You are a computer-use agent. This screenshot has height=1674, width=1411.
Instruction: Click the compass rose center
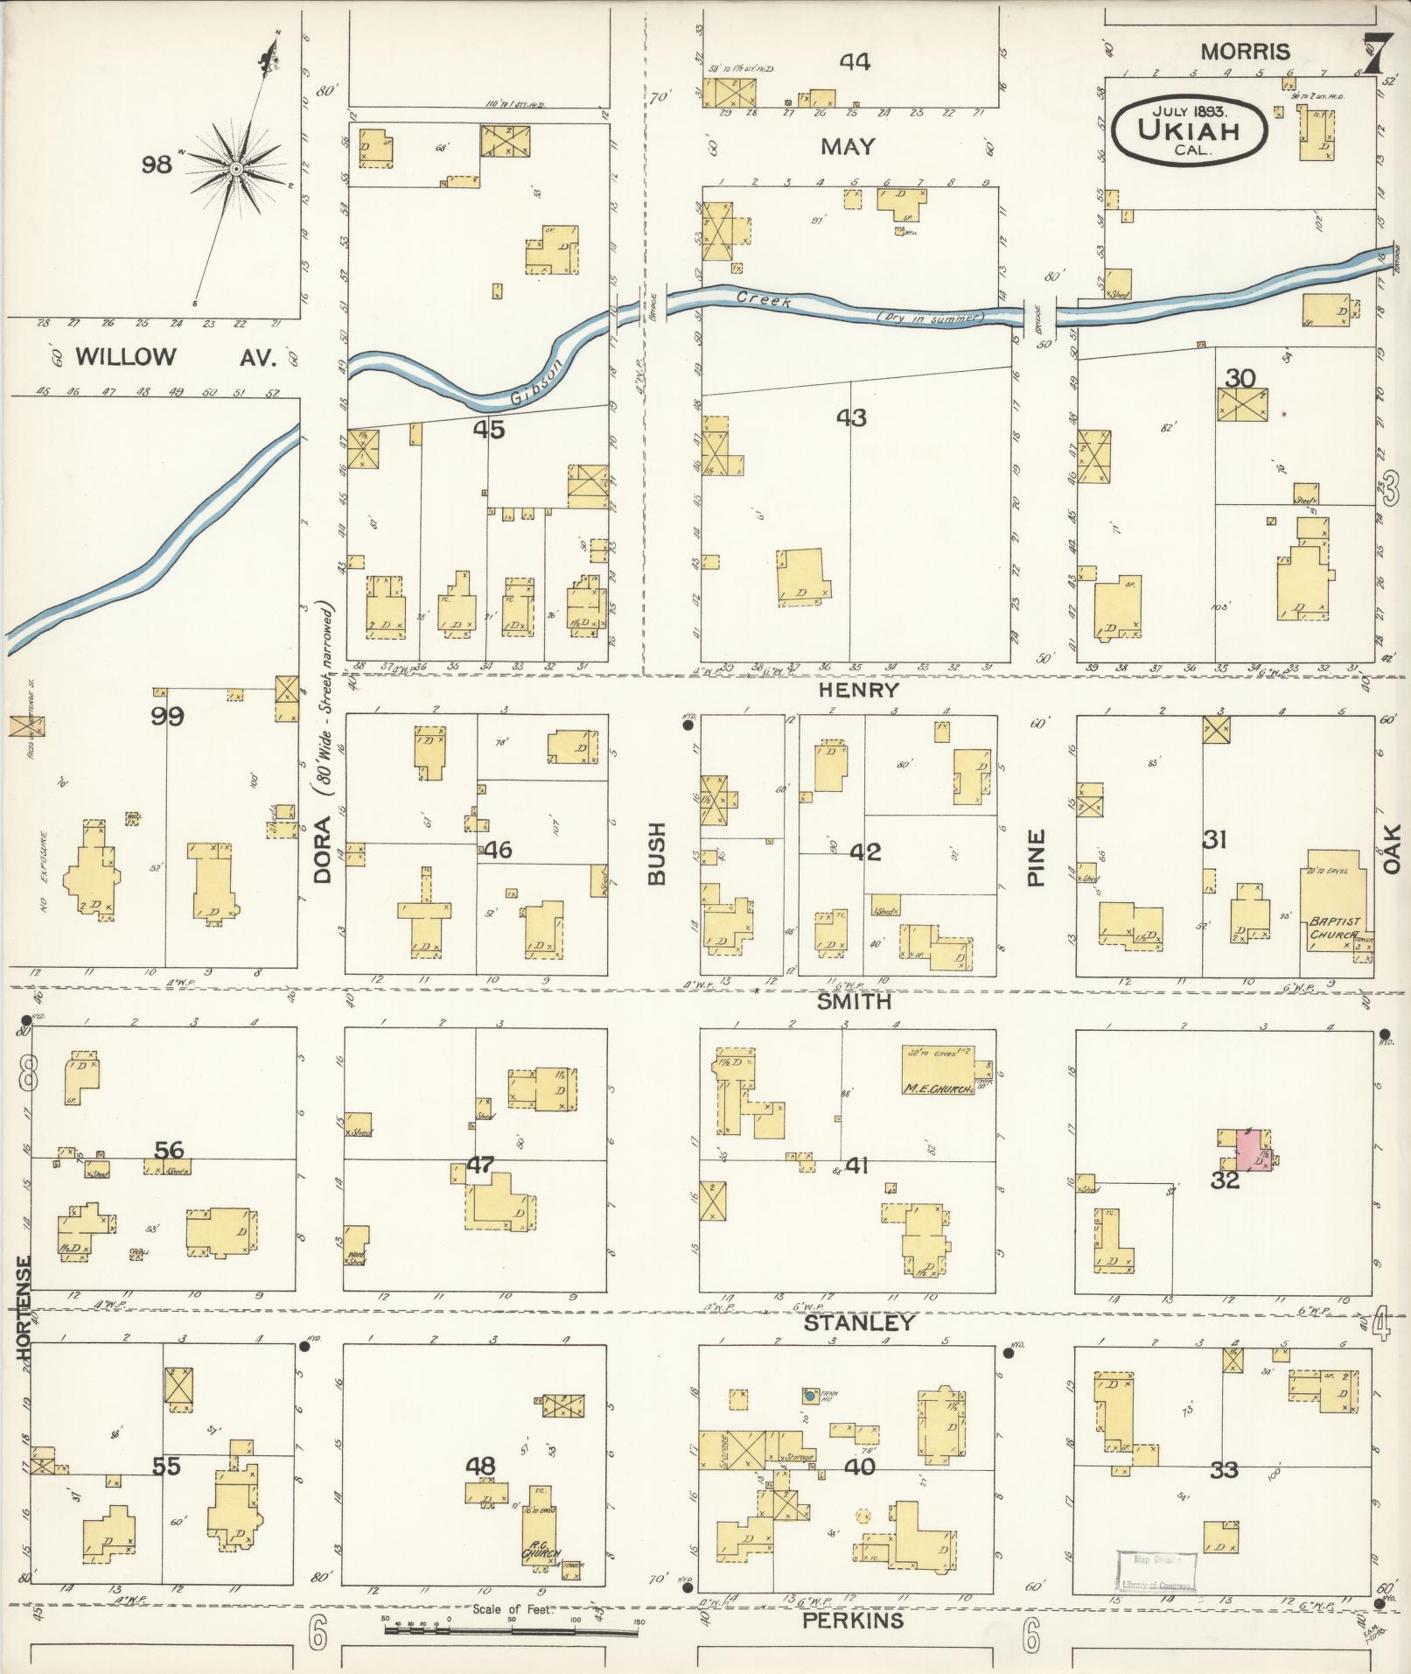236,168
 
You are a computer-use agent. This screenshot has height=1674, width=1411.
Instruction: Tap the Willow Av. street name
175,357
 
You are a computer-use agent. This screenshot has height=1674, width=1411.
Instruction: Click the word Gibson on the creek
535,382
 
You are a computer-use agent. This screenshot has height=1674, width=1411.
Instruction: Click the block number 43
850,418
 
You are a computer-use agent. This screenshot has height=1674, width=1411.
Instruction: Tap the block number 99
167,717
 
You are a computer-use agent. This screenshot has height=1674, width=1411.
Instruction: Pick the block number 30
1240,379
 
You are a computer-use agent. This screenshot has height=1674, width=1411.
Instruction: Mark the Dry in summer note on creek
930,317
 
